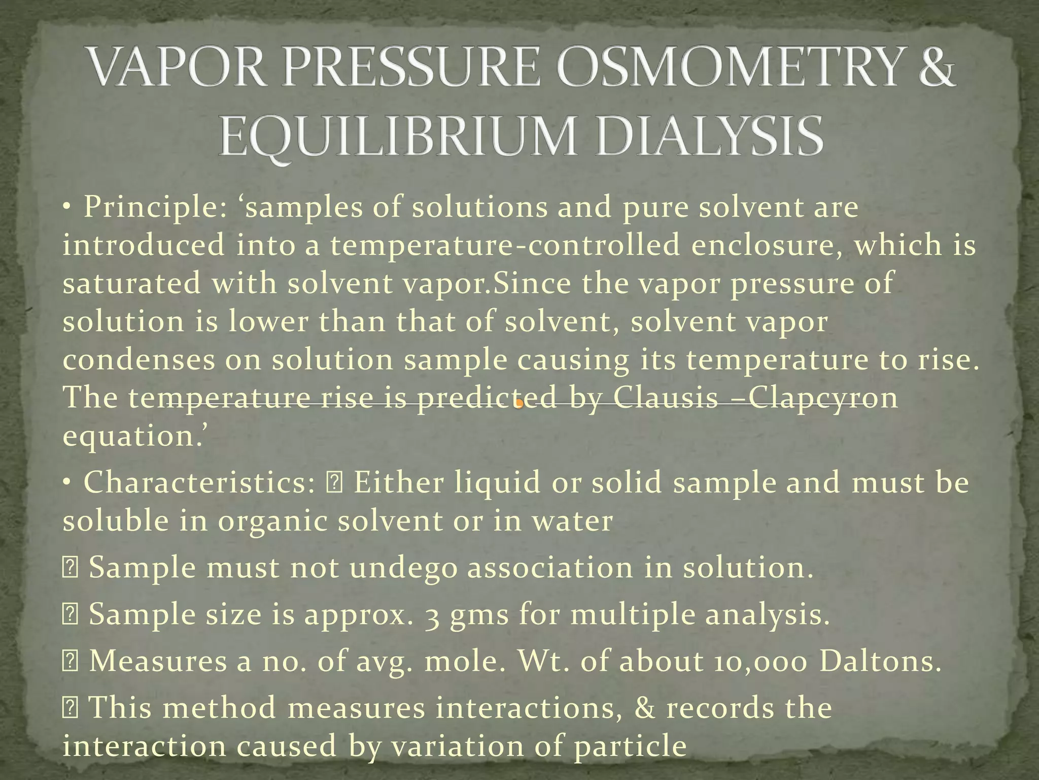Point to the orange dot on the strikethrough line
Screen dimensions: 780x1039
tap(519, 404)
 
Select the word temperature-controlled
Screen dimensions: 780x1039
tap(505, 246)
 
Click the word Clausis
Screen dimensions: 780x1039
tap(665, 398)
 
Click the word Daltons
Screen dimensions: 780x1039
tap(880, 661)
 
